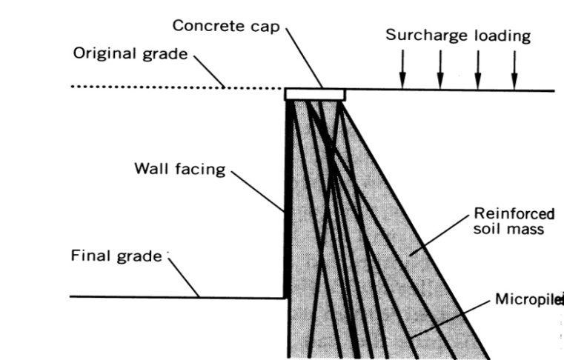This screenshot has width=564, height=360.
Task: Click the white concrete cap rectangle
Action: (x=315, y=94)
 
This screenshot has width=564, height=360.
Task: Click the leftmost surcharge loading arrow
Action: (x=402, y=70)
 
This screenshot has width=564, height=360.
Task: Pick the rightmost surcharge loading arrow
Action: (x=514, y=70)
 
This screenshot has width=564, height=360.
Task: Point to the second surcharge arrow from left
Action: (x=440, y=70)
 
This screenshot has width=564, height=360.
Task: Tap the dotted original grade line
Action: (x=148, y=87)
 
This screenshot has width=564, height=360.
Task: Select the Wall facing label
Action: (x=179, y=168)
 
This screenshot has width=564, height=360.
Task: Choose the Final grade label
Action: (x=116, y=256)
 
